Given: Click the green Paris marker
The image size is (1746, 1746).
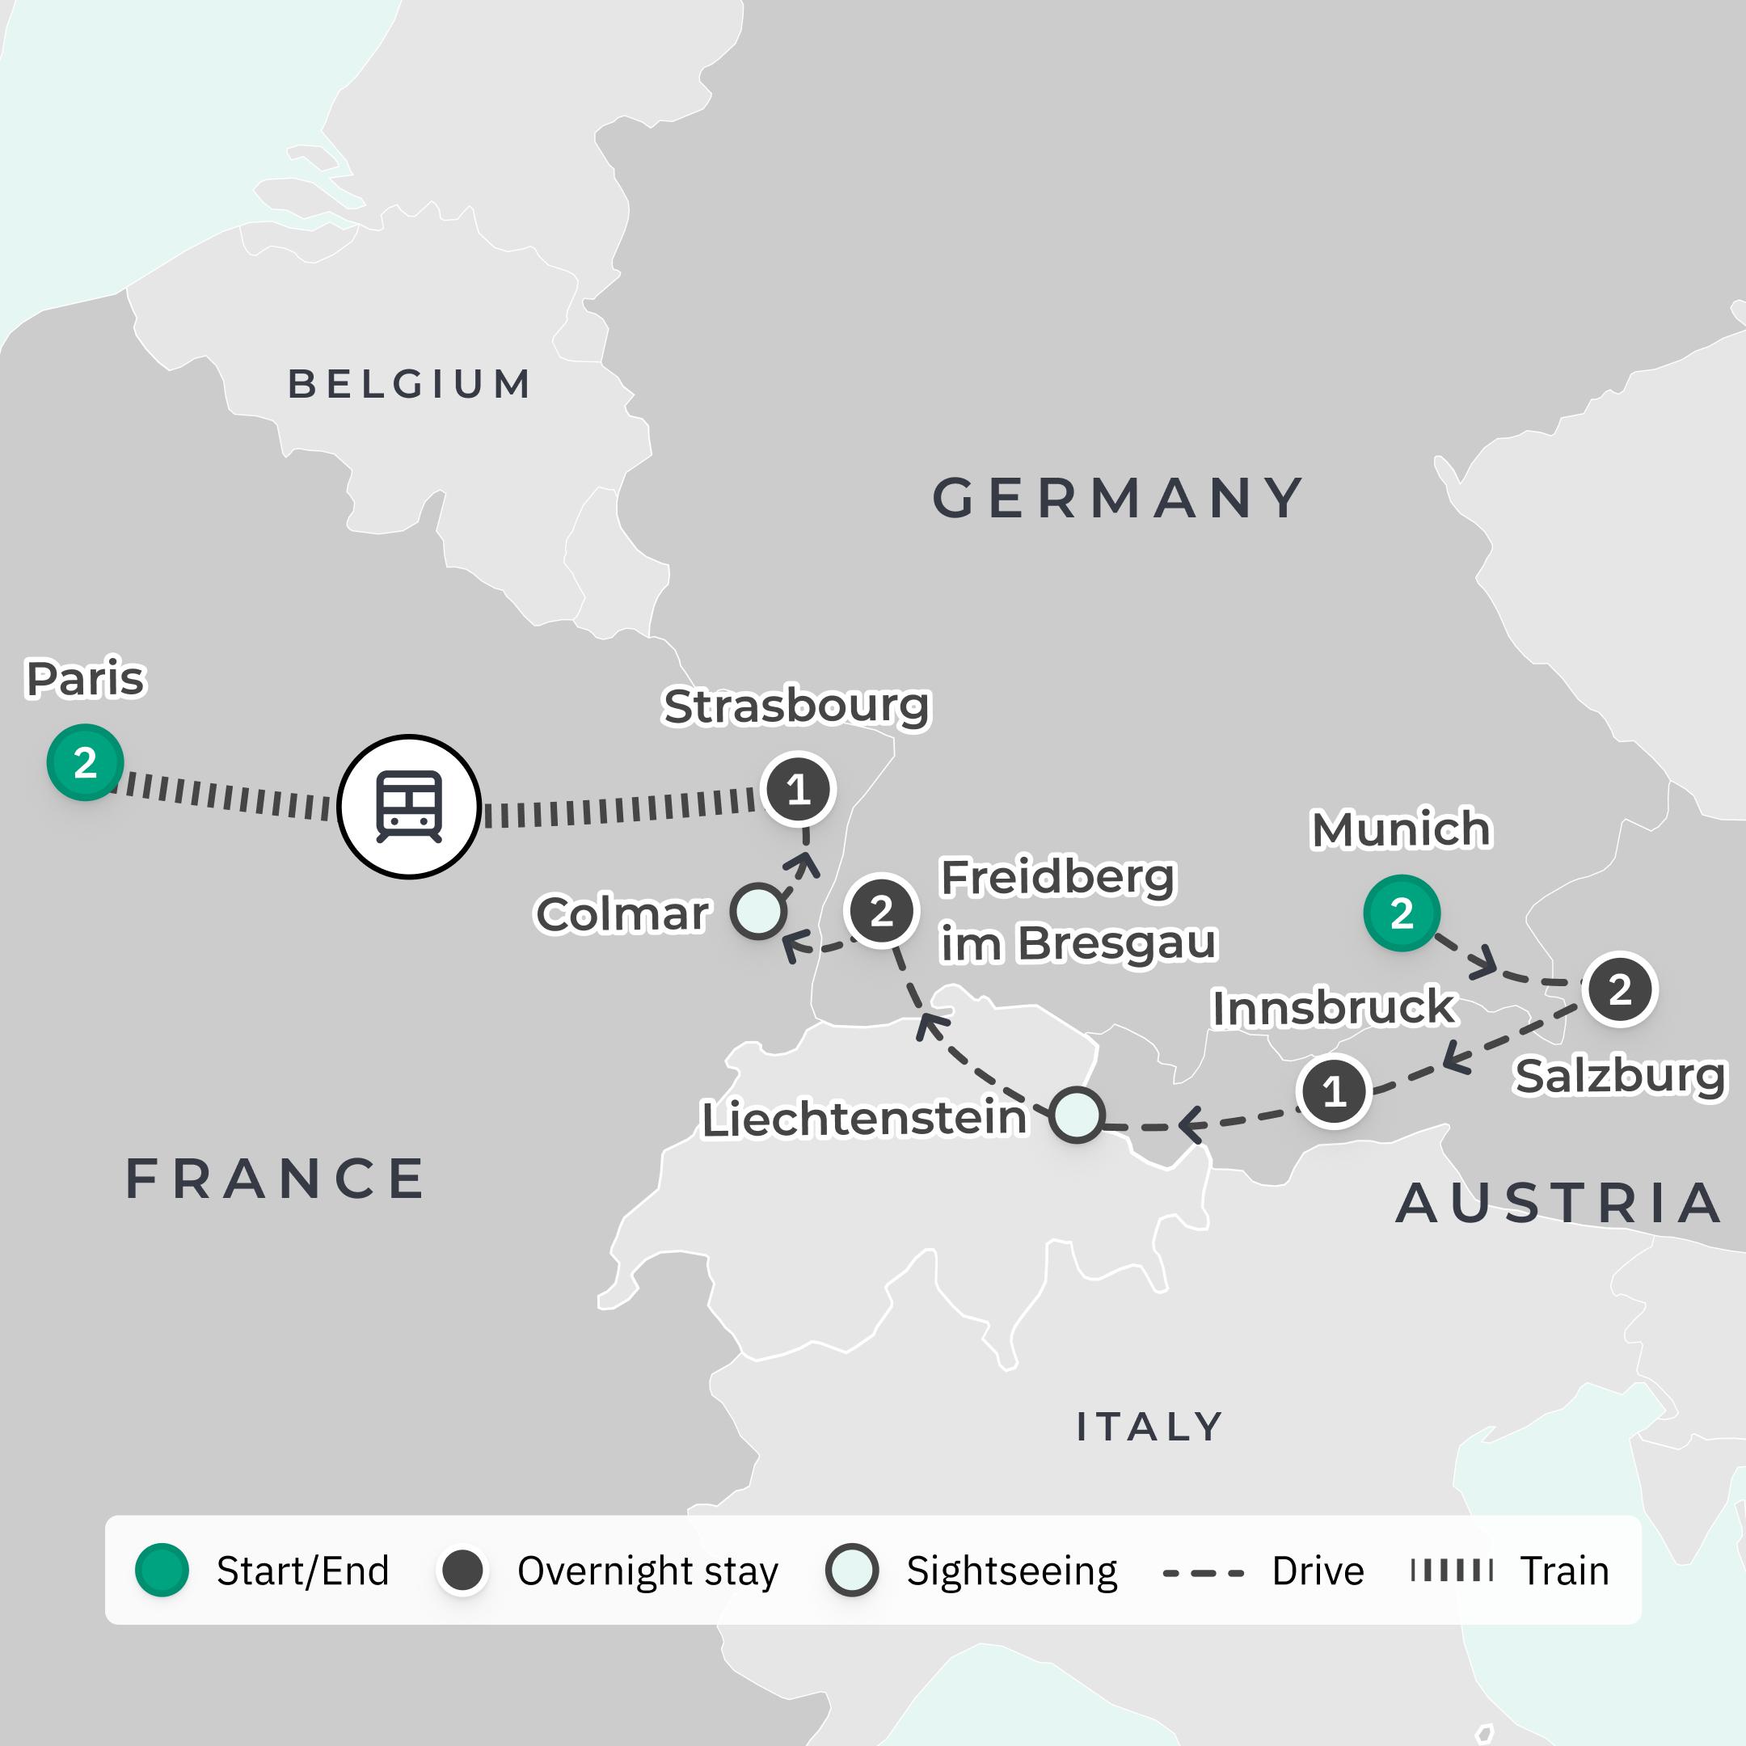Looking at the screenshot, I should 85,761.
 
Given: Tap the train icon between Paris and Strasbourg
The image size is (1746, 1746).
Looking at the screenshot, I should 408,806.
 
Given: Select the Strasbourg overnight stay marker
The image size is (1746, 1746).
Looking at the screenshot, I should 798,790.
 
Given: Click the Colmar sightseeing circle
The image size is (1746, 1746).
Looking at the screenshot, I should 758,911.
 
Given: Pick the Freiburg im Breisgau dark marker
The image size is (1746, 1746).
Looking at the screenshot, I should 881,910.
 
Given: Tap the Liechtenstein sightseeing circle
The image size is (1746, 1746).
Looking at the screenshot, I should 1077,1115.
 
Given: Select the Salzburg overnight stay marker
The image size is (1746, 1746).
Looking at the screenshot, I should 1619,989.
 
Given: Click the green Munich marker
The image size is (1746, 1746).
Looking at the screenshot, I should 1401,913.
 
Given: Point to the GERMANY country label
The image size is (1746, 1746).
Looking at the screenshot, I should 1119,498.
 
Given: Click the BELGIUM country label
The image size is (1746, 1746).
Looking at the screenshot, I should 409,384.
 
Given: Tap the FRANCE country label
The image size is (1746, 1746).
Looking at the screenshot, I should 276,1179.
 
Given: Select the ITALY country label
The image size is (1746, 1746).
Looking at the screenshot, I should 1149,1427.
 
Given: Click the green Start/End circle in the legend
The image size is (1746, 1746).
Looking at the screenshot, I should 162,1571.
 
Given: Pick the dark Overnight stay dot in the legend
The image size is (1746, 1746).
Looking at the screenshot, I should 462,1571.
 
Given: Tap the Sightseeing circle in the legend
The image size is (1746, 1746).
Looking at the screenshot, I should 851,1571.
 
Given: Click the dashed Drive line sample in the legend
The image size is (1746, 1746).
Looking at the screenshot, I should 1203,1573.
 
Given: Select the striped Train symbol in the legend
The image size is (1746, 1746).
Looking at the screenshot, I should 1452,1571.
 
